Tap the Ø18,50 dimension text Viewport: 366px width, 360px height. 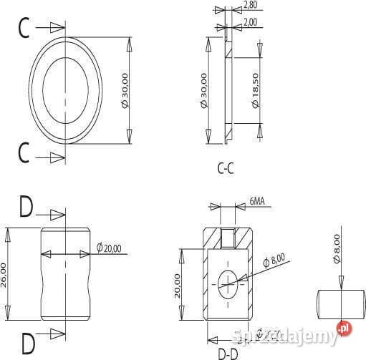(x=255, y=90)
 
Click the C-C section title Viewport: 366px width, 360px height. (x=226, y=170)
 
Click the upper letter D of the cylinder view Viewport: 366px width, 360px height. (x=26, y=208)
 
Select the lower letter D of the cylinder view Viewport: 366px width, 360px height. (x=27, y=343)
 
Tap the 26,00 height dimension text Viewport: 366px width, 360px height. (x=5, y=273)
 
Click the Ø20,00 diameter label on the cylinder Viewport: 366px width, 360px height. (x=110, y=248)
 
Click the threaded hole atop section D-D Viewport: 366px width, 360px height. (x=227, y=236)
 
